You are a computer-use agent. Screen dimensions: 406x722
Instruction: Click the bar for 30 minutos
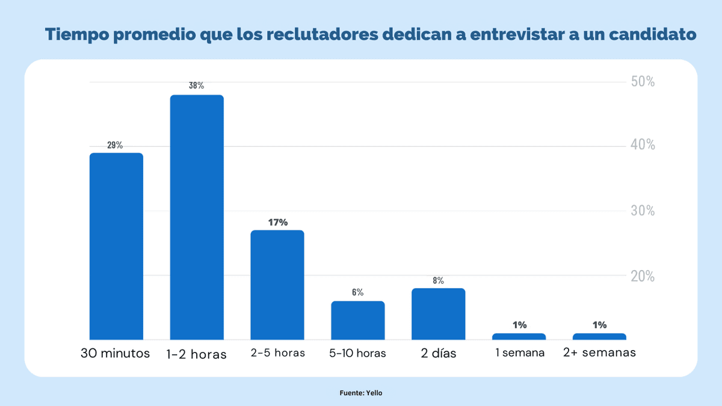tap(116, 247)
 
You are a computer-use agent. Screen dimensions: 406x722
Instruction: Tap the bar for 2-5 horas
tap(277, 285)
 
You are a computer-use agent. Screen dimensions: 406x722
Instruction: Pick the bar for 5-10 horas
tap(358, 321)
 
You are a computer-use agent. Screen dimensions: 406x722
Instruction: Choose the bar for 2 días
tap(438, 314)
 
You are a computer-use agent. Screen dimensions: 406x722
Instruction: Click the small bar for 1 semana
tap(519, 336)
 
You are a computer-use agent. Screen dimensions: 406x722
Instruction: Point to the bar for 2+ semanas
tap(599, 336)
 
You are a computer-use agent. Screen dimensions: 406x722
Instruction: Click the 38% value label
tap(196, 85)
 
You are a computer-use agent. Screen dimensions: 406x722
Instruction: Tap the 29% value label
tap(115, 145)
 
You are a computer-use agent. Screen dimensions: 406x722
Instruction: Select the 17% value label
tap(278, 222)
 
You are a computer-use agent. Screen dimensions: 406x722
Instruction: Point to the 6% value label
tap(357, 292)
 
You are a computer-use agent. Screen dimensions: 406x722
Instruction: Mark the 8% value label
tap(438, 280)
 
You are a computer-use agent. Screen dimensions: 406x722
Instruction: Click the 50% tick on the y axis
tap(643, 82)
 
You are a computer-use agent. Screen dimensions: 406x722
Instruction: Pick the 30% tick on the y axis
tap(643, 211)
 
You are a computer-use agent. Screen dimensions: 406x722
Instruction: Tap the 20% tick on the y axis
tap(643, 276)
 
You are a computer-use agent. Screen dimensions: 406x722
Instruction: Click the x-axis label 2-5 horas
tap(278, 353)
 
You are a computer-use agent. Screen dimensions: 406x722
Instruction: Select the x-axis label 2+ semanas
tap(599, 353)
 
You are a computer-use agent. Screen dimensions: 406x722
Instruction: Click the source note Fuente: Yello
tap(361, 393)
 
